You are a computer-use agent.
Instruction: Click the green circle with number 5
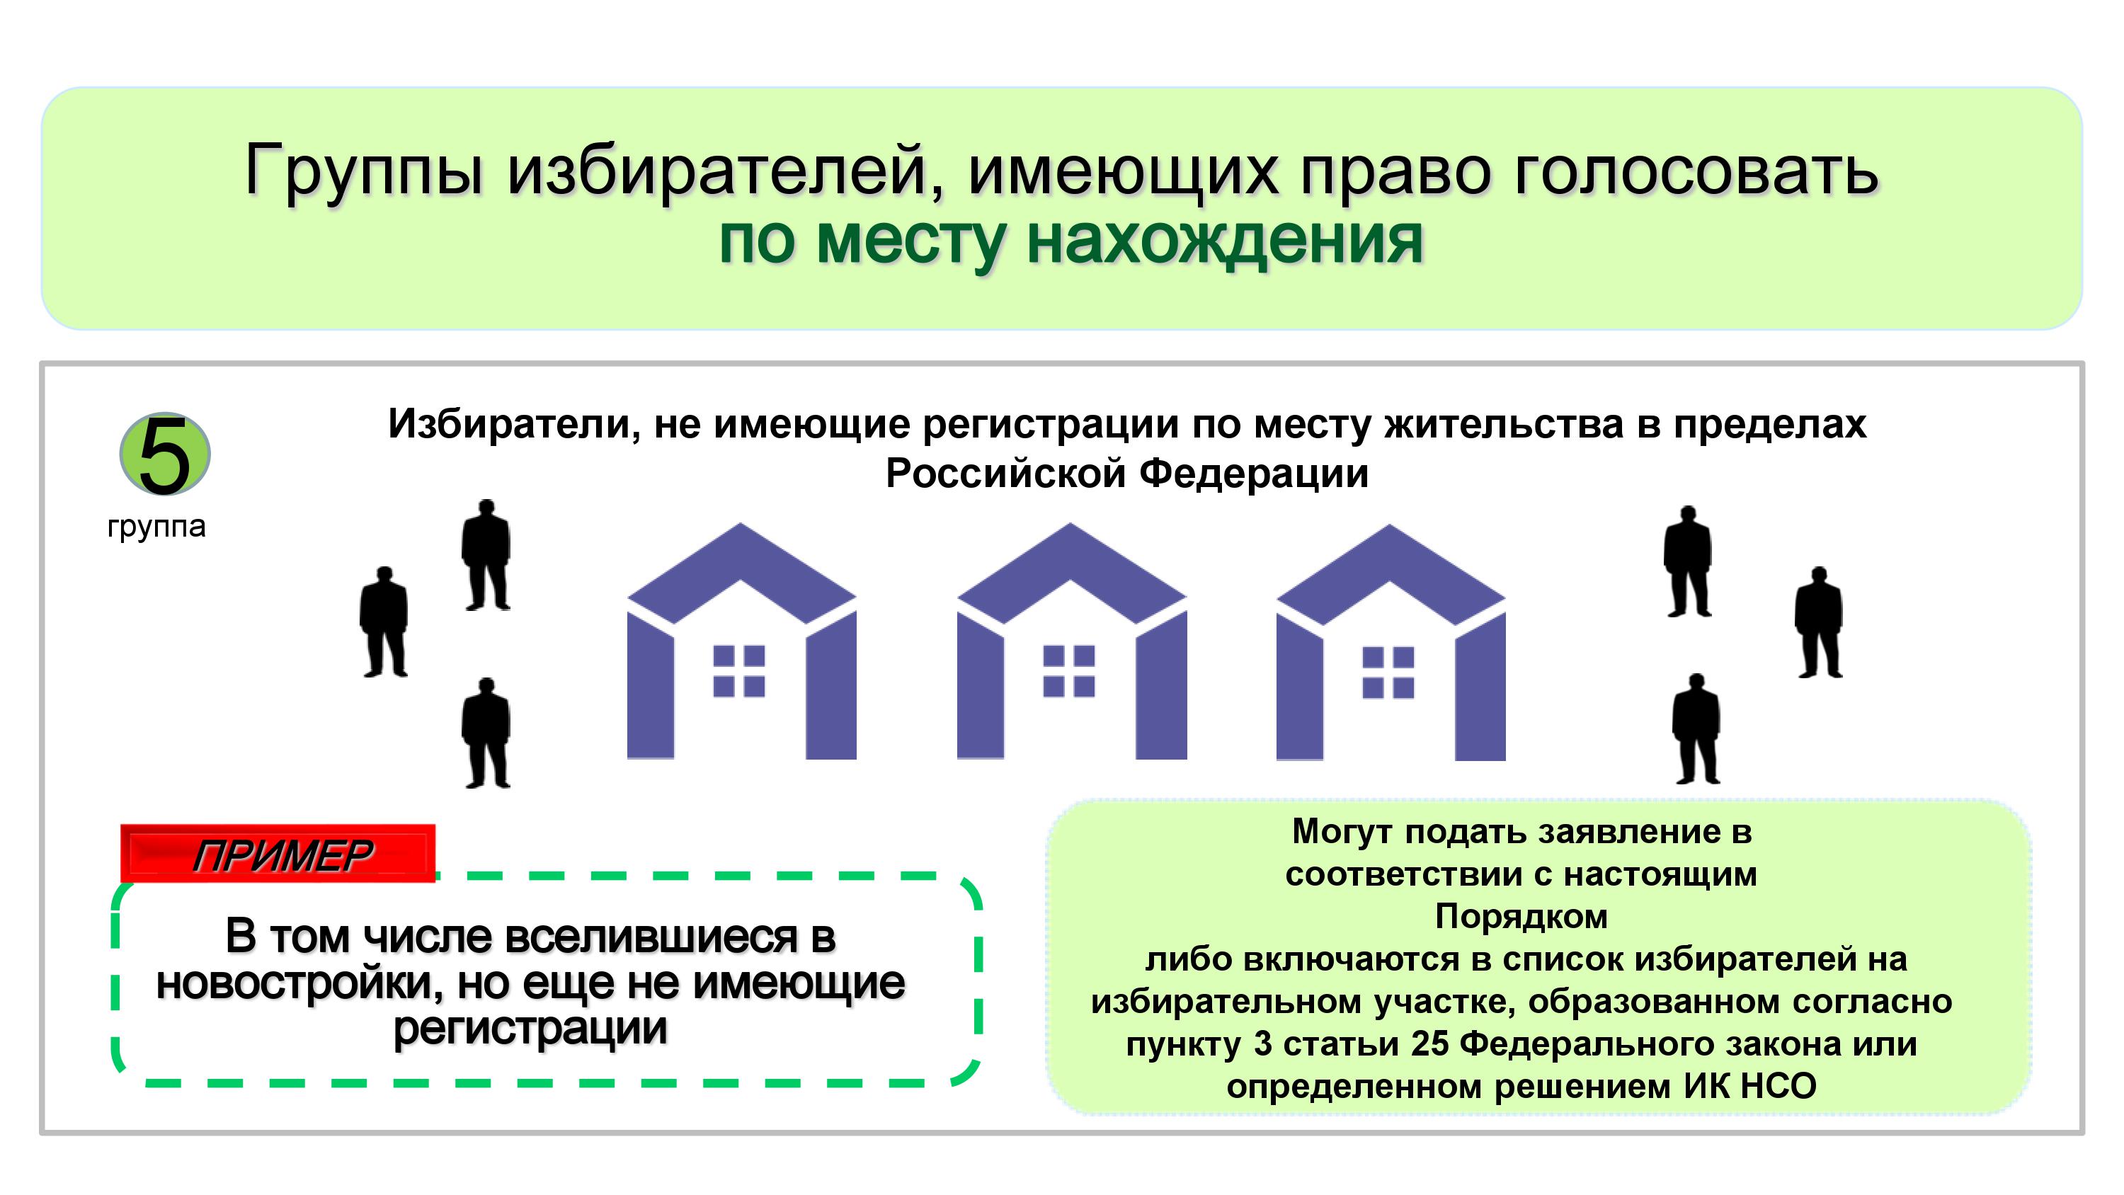[165, 454]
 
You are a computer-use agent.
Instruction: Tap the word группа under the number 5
[156, 527]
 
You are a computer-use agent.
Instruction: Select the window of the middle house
[1068, 671]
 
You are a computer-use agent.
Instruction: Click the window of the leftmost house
[738, 671]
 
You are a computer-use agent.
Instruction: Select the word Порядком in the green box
[1521, 917]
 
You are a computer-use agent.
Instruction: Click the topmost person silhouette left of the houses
[486, 555]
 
